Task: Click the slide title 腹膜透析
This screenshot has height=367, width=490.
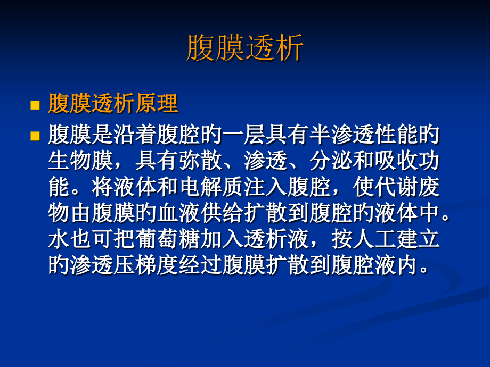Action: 245,48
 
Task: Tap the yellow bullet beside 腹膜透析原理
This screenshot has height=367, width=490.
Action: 35,105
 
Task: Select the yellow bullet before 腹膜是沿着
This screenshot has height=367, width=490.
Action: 35,136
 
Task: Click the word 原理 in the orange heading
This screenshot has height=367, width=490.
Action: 156,104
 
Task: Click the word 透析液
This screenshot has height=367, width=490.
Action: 276,239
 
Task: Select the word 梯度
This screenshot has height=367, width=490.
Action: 157,264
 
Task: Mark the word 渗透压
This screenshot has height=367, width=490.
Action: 102,264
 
